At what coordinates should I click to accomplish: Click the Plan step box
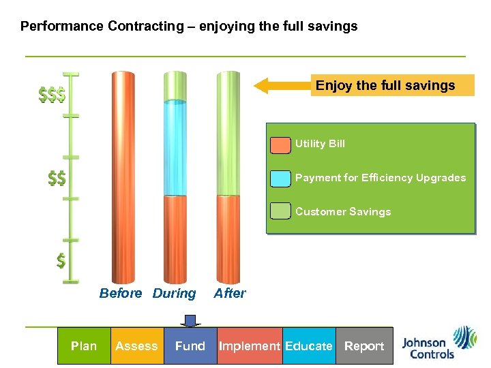(x=84, y=346)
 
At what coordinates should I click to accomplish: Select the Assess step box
(x=136, y=346)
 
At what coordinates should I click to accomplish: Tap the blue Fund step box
(x=190, y=346)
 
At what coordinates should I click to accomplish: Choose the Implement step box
(x=249, y=346)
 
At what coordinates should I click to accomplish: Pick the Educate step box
(x=308, y=346)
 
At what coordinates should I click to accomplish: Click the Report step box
(x=363, y=346)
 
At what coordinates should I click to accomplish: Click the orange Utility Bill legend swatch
(x=280, y=145)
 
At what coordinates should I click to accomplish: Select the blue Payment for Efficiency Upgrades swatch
(x=280, y=179)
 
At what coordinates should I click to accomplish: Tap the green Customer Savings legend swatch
(x=280, y=212)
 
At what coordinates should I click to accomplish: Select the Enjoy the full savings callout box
(x=392, y=85)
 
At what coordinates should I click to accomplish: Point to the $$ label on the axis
(x=57, y=179)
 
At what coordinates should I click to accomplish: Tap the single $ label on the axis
(x=61, y=260)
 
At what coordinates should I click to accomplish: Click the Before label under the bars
(x=121, y=294)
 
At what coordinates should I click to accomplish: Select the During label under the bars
(x=174, y=294)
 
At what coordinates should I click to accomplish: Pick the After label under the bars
(x=230, y=294)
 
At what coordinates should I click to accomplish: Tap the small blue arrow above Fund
(x=190, y=320)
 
